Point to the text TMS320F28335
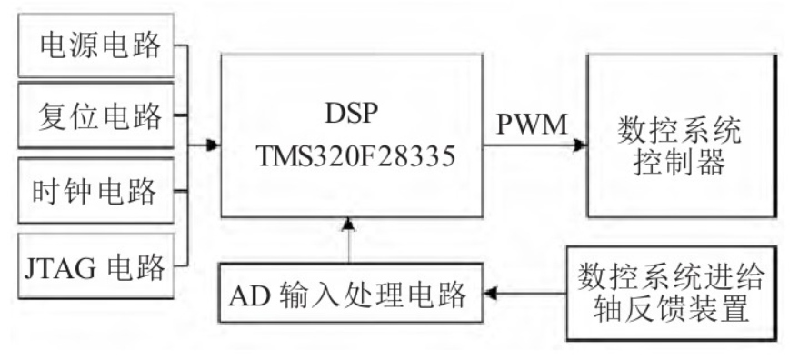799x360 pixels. [351, 156]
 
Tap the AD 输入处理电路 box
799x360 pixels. [349, 293]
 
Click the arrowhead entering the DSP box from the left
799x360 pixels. [213, 144]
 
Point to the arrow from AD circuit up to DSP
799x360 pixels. [348, 241]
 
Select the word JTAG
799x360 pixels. [57, 266]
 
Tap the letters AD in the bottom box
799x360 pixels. [248, 294]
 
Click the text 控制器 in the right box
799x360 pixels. [682, 166]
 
